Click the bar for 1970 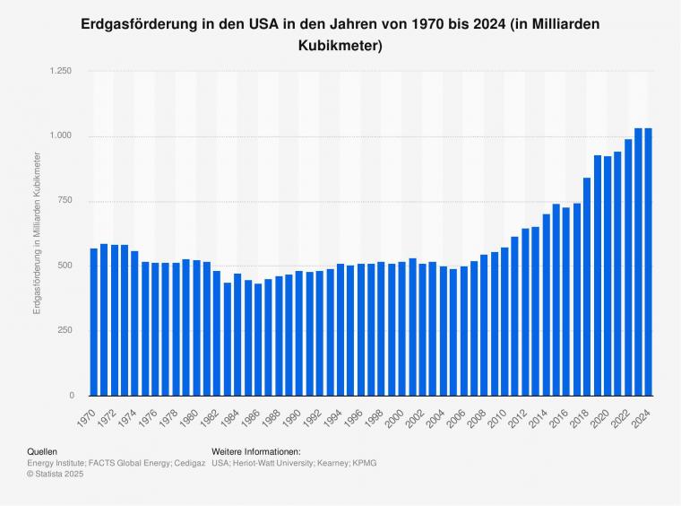coord(93,322)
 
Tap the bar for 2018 coord(587,287)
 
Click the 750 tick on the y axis coord(64,201)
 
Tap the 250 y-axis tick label coord(64,331)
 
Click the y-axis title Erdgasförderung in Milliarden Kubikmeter coord(37,233)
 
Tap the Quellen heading coord(43,452)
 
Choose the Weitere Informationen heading coord(255,452)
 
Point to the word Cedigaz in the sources coord(188,463)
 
